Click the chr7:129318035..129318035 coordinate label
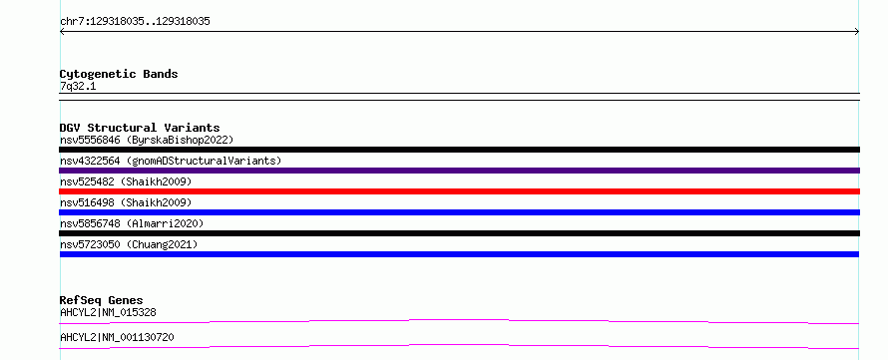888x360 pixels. [x=135, y=22]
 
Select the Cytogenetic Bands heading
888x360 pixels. [x=119, y=74]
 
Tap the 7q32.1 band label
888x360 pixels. [x=78, y=86]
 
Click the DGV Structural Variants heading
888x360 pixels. [x=140, y=128]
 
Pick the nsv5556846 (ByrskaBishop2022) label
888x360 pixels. [x=147, y=140]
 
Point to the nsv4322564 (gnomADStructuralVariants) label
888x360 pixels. [x=171, y=161]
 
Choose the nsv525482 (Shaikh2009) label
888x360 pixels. [x=126, y=181]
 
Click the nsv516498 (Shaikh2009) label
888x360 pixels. [x=126, y=202]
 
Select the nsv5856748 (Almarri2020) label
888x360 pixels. [x=132, y=223]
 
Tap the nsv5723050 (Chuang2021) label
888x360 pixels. [x=129, y=244]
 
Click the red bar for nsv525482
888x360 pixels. [x=459, y=191]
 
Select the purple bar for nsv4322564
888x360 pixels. [x=459, y=171]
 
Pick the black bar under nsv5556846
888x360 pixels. [x=459, y=150]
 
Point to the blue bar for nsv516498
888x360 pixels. [x=459, y=212]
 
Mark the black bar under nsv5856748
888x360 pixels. [x=459, y=233]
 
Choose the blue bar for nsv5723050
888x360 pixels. [x=459, y=254]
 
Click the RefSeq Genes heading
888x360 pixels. [x=102, y=300]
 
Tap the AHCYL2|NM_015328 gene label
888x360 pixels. [x=108, y=312]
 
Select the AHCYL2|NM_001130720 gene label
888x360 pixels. [x=117, y=338]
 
